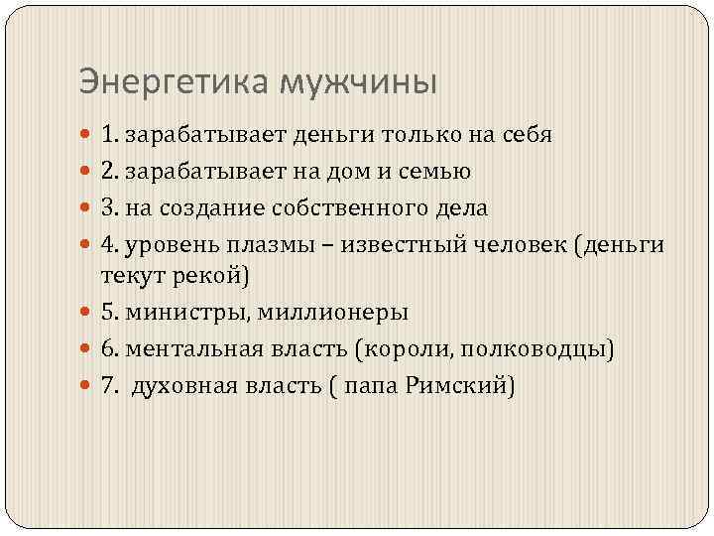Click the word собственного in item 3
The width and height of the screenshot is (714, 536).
(x=343, y=207)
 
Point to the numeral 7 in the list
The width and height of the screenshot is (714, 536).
(x=106, y=386)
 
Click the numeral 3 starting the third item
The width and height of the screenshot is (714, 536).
(x=106, y=207)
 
